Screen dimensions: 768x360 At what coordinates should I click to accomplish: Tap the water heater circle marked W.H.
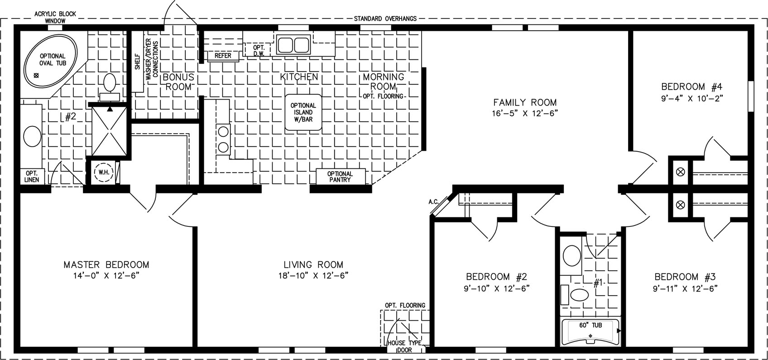pyautogui.click(x=104, y=172)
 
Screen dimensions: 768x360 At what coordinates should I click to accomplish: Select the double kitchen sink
pyautogui.click(x=293, y=44)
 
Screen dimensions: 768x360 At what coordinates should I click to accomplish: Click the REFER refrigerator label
pyautogui.click(x=223, y=56)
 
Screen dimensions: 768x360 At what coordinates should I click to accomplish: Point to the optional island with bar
pyautogui.click(x=303, y=112)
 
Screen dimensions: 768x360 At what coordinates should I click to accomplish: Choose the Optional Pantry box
pyautogui.click(x=340, y=177)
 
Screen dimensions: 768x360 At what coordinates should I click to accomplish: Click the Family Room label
pyautogui.click(x=525, y=102)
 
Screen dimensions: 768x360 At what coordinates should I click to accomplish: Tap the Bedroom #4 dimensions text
pyautogui.click(x=692, y=99)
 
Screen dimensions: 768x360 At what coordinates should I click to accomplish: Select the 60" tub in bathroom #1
pyautogui.click(x=590, y=331)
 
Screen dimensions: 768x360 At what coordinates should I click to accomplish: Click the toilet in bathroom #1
pyautogui.click(x=579, y=295)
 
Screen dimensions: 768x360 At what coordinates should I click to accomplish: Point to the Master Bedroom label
pyautogui.click(x=106, y=265)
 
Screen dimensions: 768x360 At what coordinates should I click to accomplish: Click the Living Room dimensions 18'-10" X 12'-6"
pyautogui.click(x=313, y=275)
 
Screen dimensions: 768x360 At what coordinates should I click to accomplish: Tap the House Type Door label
pyautogui.click(x=404, y=346)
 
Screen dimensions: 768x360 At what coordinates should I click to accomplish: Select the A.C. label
pyautogui.click(x=434, y=202)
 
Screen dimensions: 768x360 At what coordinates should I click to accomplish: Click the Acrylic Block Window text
pyautogui.click(x=55, y=17)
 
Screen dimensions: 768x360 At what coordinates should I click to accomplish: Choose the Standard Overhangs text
pyautogui.click(x=385, y=19)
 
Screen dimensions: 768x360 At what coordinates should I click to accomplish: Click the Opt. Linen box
pyautogui.click(x=32, y=177)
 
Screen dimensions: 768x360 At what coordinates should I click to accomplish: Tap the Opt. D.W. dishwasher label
pyautogui.click(x=259, y=51)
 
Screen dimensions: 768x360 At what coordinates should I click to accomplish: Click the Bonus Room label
pyautogui.click(x=178, y=82)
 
